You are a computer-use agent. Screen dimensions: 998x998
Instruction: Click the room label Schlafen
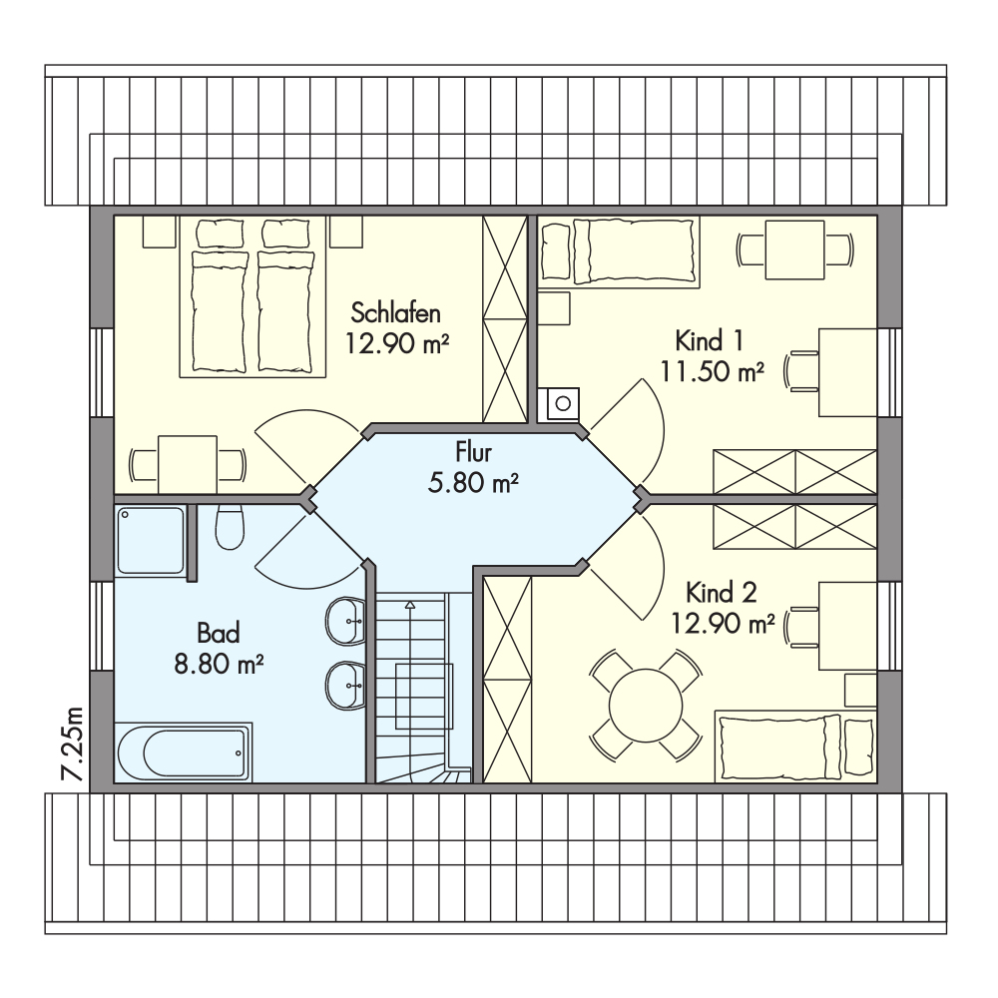click(x=395, y=313)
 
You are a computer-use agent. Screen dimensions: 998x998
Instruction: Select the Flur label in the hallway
click(x=473, y=452)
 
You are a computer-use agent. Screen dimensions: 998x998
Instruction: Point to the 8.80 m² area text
click(x=219, y=665)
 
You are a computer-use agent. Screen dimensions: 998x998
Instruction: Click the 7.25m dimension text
click(x=72, y=744)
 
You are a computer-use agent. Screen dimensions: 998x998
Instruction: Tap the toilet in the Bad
click(x=230, y=528)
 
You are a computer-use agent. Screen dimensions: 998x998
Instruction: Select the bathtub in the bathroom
click(x=184, y=751)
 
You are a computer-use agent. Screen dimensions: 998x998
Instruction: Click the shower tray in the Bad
click(x=151, y=540)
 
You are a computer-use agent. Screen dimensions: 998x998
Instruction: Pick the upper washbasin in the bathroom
click(x=345, y=619)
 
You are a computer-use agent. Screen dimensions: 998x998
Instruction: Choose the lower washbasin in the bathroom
click(x=345, y=685)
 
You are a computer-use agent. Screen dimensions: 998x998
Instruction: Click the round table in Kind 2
click(x=646, y=706)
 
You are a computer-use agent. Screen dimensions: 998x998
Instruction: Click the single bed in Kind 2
click(x=795, y=746)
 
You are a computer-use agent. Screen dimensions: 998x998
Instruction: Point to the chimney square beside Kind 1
click(x=559, y=404)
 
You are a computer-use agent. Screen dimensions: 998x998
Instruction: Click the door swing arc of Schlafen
click(x=303, y=428)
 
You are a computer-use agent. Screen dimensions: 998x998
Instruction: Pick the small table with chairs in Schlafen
click(x=188, y=464)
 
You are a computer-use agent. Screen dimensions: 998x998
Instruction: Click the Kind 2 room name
click(x=722, y=593)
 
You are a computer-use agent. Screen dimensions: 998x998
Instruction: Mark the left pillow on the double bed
click(x=220, y=234)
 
